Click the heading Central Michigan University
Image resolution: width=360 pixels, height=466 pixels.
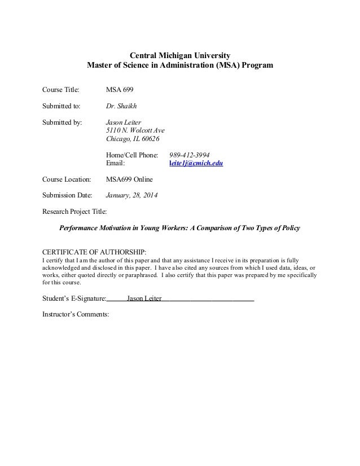coord(180,55)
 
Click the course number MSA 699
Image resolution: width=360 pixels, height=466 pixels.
coord(120,90)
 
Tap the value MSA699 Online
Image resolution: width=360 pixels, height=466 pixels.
coord(129,179)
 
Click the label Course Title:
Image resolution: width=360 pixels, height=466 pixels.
coord(62,90)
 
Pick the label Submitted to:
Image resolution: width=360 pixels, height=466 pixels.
coord(62,105)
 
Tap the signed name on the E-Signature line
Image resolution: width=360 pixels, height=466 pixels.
coord(144,298)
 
